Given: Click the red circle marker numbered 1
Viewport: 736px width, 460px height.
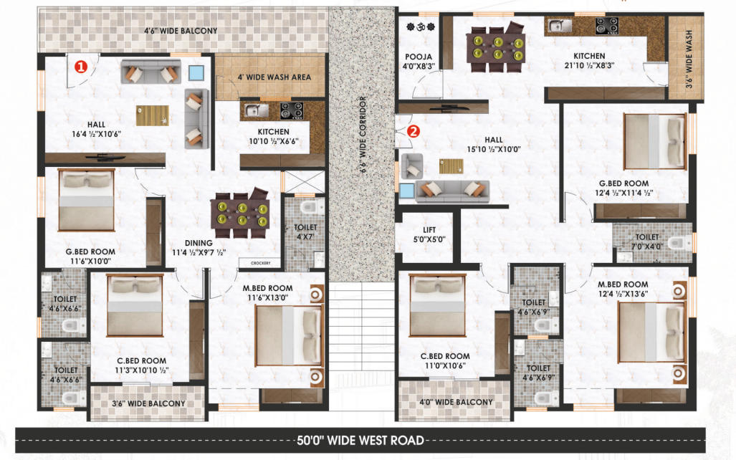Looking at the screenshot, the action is pos(81,67).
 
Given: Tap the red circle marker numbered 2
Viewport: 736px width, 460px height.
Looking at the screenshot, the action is pos(413,131).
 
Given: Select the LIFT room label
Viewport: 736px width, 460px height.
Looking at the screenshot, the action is pos(429,235).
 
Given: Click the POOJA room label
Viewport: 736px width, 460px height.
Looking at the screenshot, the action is pos(419,62).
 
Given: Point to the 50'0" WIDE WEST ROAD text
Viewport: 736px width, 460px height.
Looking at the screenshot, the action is pos(360,440).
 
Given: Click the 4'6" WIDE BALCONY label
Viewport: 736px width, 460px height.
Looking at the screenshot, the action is pos(181,31).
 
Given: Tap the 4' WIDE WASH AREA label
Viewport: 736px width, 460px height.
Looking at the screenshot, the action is pos(274,77).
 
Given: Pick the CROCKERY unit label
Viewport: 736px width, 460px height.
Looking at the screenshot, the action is pos(261,264).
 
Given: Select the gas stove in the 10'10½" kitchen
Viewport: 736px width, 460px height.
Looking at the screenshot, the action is pos(292,111).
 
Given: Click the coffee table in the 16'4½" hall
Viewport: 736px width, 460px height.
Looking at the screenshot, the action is pos(153,115).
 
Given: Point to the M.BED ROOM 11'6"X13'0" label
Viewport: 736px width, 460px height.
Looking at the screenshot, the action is pos(267,293).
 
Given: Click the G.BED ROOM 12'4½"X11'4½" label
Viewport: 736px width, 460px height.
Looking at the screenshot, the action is pos(623,188).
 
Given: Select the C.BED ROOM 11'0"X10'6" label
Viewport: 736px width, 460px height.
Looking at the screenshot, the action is pos(445,361).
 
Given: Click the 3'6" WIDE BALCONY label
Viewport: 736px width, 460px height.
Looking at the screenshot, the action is pos(148,403).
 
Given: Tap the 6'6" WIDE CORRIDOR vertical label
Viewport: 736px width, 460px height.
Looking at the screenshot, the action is pos(363,135).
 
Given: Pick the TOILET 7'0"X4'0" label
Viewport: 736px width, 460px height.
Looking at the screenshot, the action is pos(647,241).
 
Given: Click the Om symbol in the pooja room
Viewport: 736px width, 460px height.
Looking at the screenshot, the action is pos(421,27).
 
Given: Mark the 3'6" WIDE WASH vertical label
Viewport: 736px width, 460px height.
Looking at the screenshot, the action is pos(689,59).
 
